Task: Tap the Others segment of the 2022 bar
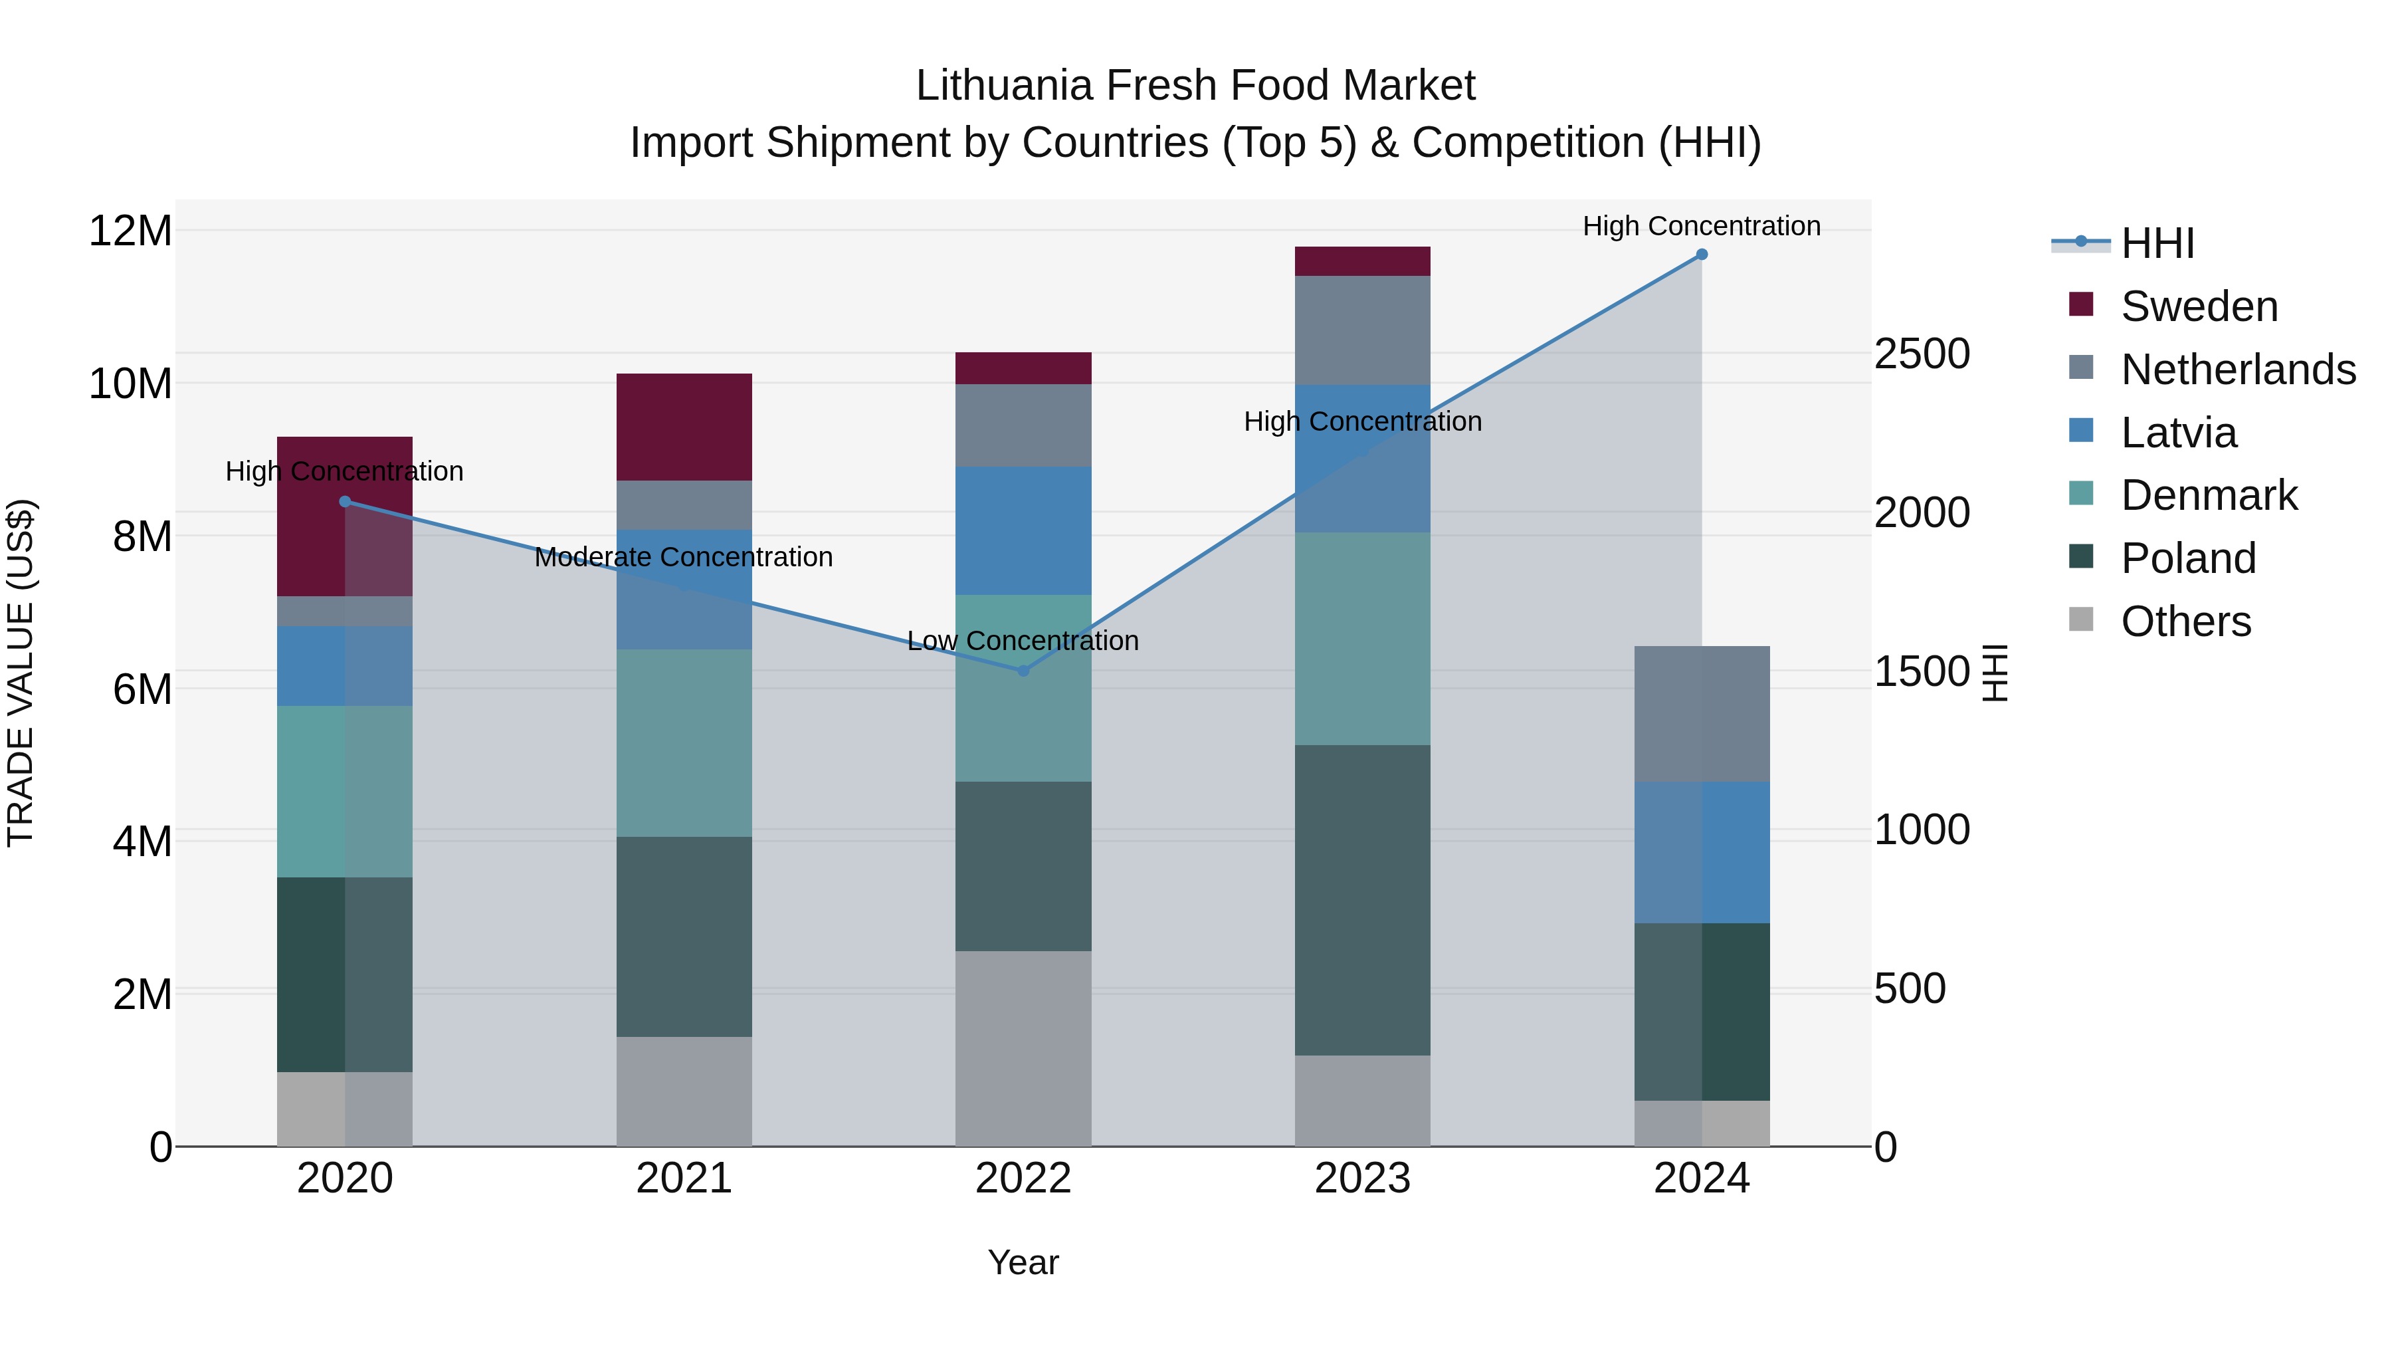point(1023,1048)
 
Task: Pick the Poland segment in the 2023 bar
point(1362,899)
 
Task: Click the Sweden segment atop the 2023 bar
point(1362,261)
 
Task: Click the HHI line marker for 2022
point(1023,671)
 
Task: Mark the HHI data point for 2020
point(344,502)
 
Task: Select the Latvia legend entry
point(2179,433)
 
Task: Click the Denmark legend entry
point(2208,495)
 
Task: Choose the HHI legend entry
point(2157,243)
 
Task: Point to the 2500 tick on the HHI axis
point(1921,354)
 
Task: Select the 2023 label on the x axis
point(1362,1178)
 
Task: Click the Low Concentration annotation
point(1023,641)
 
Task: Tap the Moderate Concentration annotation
point(684,558)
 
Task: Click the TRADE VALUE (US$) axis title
point(21,673)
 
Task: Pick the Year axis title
point(1023,1262)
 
